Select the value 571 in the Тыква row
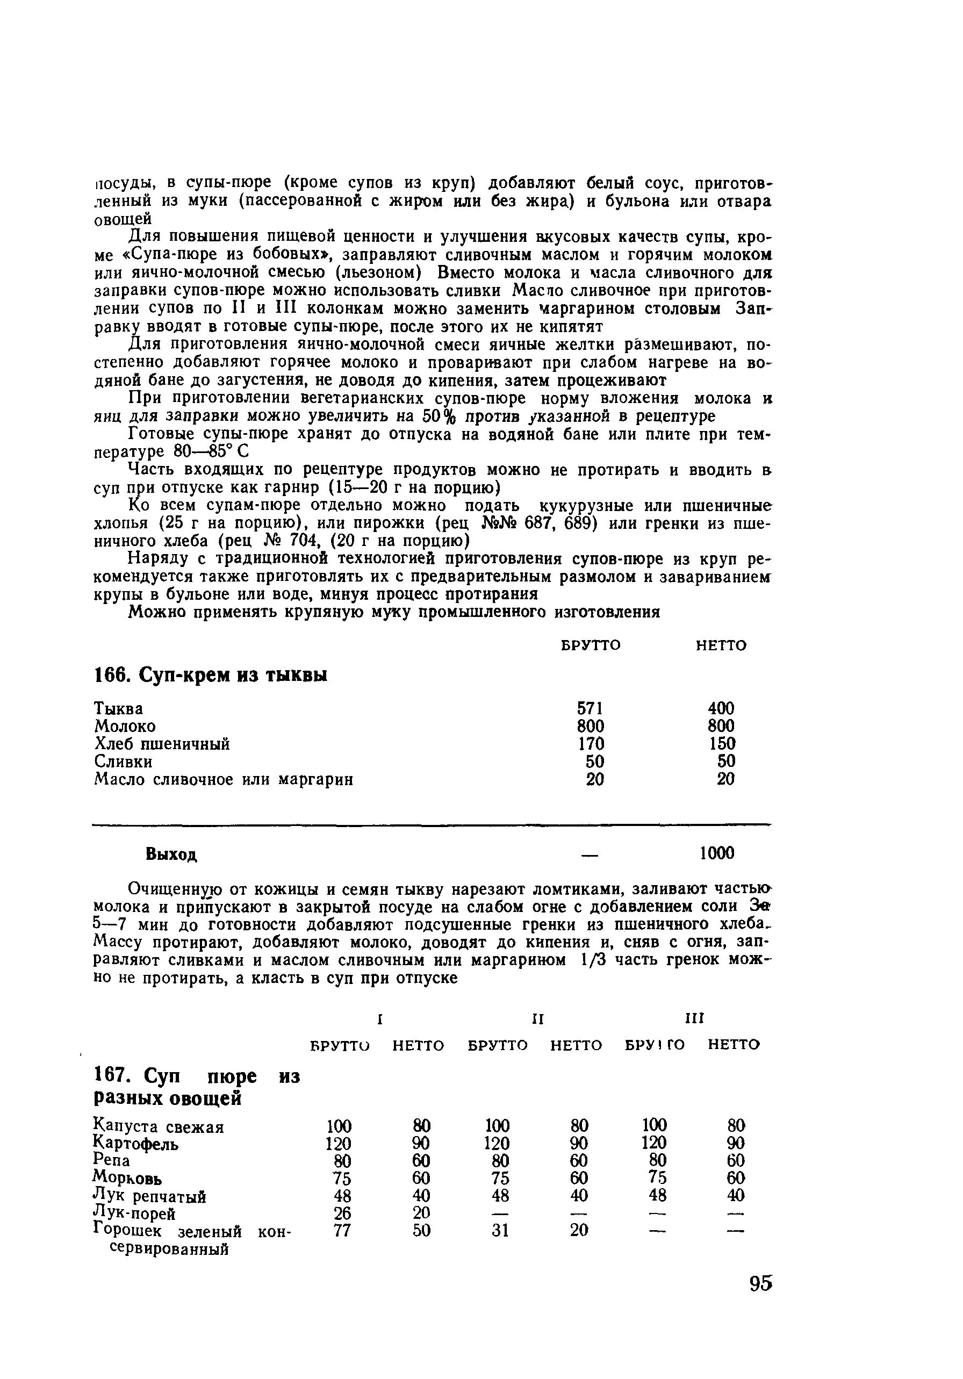590,708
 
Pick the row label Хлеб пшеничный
162,744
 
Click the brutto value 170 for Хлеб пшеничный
591,744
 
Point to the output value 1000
717,853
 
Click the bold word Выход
171,854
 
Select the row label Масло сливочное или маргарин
224,780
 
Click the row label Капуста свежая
159,1126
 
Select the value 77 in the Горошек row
342,1231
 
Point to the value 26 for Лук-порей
342,1213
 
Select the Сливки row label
123,762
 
